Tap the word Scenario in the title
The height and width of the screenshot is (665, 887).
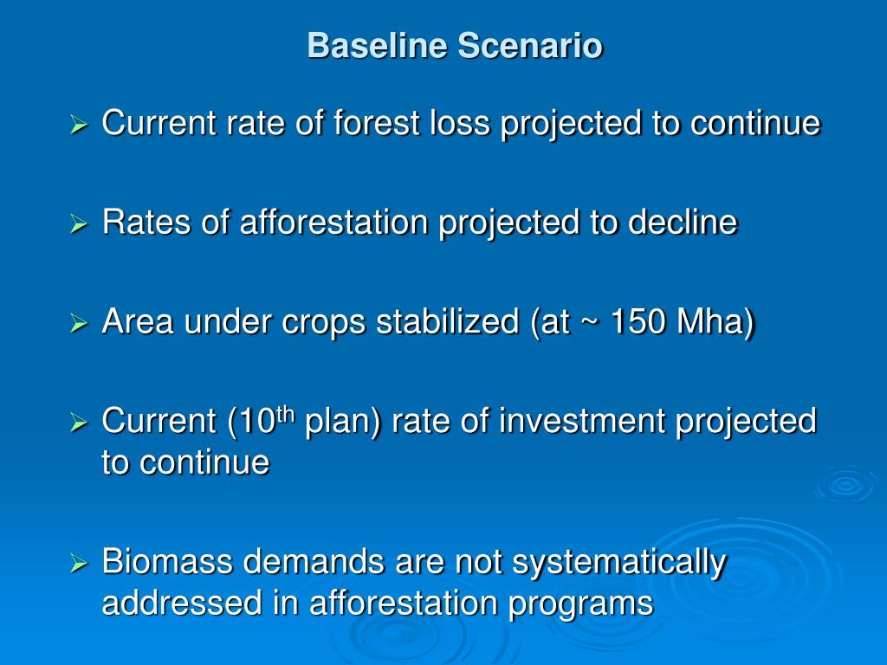pyautogui.click(x=530, y=45)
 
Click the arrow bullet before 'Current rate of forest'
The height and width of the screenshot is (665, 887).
pyautogui.click(x=79, y=125)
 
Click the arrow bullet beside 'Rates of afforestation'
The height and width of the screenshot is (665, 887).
pyautogui.click(x=79, y=224)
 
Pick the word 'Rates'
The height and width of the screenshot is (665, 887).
pyautogui.click(x=146, y=222)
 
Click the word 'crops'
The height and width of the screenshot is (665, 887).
pyautogui.click(x=324, y=322)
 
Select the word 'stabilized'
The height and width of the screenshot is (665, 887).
pyautogui.click(x=448, y=321)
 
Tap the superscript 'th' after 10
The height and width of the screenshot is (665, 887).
pyautogui.click(x=285, y=415)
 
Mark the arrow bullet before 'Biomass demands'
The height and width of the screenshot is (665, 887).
pyautogui.click(x=79, y=563)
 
